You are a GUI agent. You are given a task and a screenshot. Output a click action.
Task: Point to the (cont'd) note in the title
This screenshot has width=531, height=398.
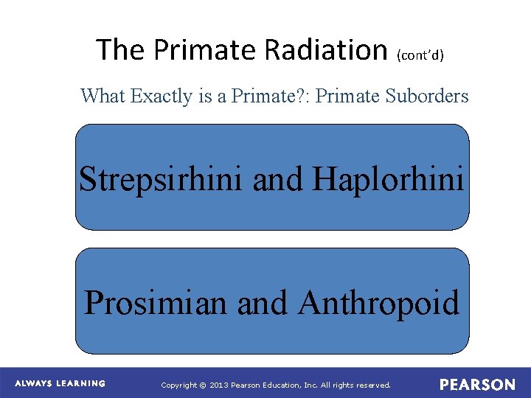(x=420, y=55)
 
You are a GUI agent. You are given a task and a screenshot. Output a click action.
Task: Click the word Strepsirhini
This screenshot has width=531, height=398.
(x=161, y=178)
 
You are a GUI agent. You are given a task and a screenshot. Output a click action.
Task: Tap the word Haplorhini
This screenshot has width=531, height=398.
(x=389, y=178)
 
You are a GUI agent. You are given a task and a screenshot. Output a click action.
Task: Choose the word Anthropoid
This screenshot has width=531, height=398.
(x=379, y=302)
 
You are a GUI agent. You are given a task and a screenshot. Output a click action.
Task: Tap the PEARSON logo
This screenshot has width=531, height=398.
(x=477, y=385)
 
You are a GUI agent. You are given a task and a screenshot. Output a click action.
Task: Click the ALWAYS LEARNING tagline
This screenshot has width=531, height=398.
(x=60, y=384)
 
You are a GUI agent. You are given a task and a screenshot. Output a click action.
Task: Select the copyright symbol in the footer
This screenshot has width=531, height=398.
(x=204, y=385)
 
